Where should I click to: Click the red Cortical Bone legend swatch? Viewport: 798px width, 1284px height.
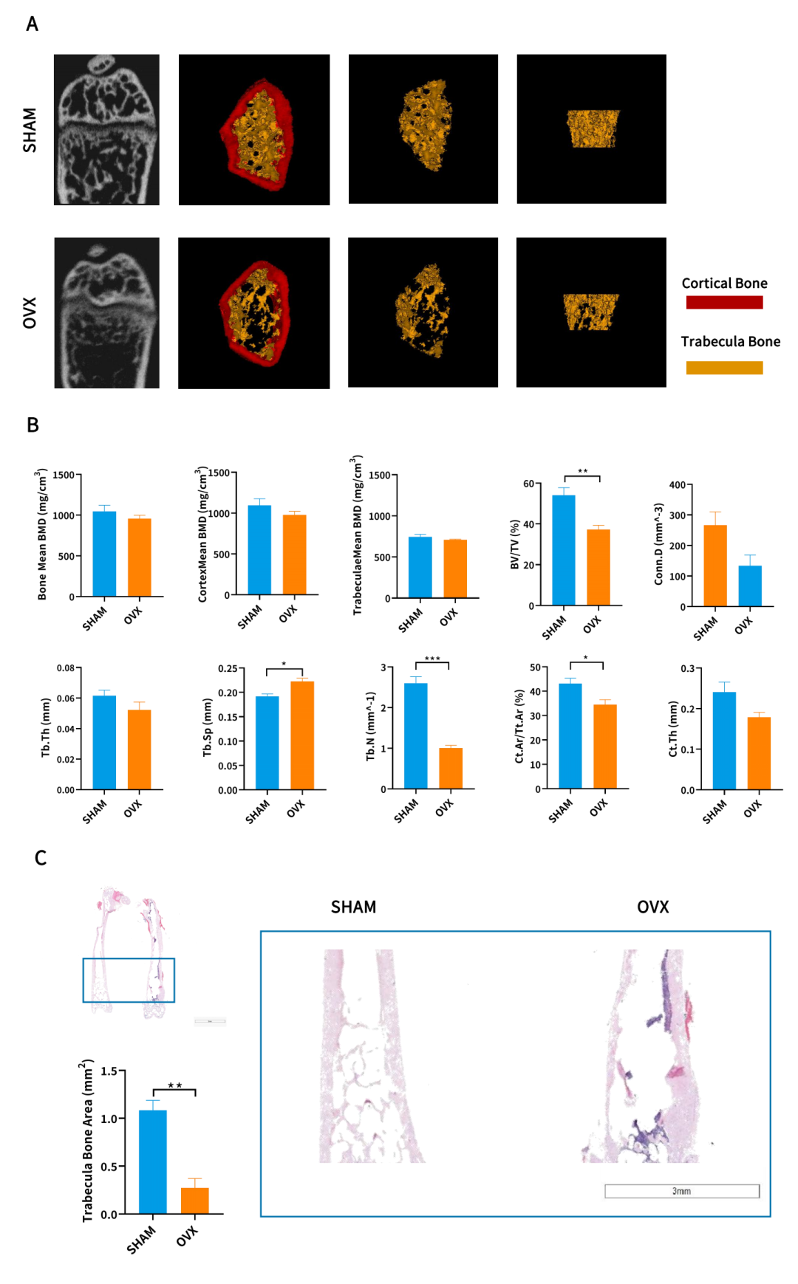pyautogui.click(x=724, y=302)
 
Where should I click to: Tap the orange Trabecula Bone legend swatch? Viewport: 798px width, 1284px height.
pyautogui.click(x=724, y=368)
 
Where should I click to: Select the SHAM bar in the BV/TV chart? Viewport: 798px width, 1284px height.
pyautogui.click(x=563, y=550)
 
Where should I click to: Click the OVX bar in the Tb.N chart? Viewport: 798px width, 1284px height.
pyautogui.click(x=451, y=769)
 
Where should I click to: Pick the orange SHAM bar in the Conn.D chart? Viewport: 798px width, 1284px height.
pyautogui.click(x=715, y=566)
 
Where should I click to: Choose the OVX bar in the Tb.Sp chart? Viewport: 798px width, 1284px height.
pyautogui.click(x=302, y=735)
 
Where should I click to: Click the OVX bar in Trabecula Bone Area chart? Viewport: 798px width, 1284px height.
pyautogui.click(x=195, y=1201)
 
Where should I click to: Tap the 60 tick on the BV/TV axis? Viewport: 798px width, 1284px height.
pyautogui.click(x=529, y=484)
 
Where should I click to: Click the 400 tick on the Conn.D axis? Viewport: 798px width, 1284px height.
pyautogui.click(x=678, y=485)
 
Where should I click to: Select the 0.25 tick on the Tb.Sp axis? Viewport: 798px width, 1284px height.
pyautogui.click(x=228, y=669)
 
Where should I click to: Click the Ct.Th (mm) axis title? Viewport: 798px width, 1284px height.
pyautogui.click(x=673, y=729)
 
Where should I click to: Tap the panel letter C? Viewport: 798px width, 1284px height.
pyautogui.click(x=41, y=858)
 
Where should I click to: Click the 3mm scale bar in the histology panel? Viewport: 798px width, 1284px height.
pyautogui.click(x=681, y=1191)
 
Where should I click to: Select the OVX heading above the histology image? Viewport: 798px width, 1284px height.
pyautogui.click(x=652, y=907)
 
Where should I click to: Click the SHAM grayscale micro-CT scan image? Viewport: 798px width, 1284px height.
pyautogui.click(x=106, y=129)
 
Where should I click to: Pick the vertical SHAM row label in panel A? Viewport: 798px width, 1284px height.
pyautogui.click(x=30, y=130)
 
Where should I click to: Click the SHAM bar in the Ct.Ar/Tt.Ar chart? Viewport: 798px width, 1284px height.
pyautogui.click(x=570, y=736)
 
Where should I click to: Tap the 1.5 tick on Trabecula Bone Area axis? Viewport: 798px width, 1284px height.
pyautogui.click(x=109, y=1071)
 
